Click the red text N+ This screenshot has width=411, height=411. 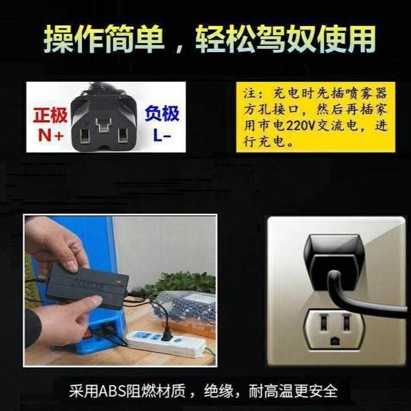tap(50, 135)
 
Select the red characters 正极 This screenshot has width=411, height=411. tap(50, 116)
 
